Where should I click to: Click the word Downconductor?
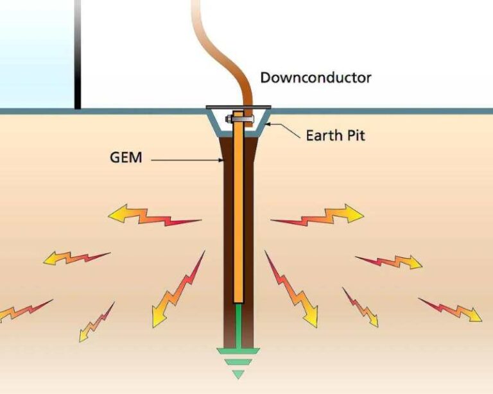(x=315, y=78)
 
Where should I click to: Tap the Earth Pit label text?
(x=335, y=135)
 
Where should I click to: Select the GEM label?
(x=126, y=156)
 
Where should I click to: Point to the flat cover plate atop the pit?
(x=238, y=108)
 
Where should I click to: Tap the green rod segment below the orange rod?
(x=238, y=324)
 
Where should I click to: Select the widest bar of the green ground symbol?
(x=238, y=351)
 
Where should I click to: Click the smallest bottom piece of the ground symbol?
(x=238, y=373)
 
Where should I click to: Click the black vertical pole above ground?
(x=78, y=55)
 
